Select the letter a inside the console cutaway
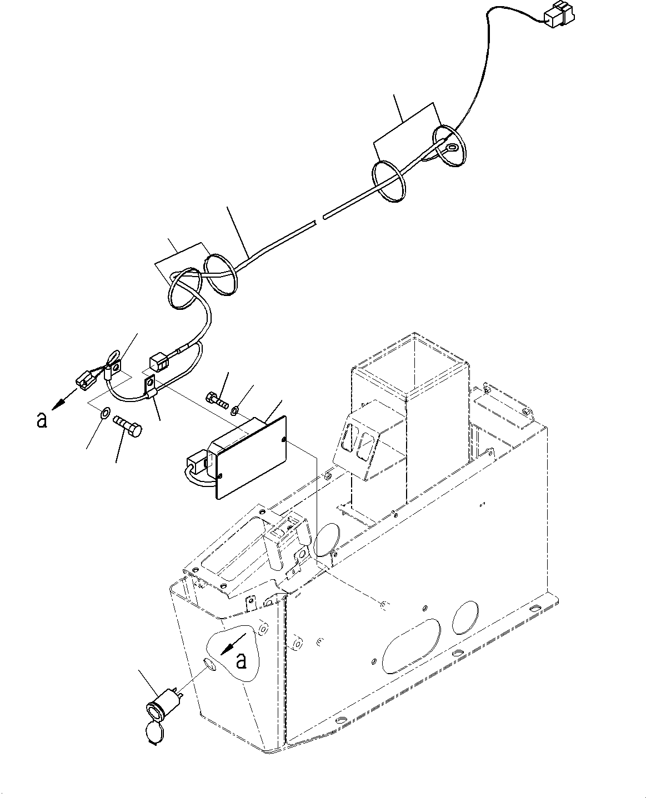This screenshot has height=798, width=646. coord(241,660)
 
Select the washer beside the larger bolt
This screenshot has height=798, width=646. coord(105,414)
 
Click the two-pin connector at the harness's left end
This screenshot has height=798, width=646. coord(84,380)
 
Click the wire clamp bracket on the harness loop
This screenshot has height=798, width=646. coord(151,387)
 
